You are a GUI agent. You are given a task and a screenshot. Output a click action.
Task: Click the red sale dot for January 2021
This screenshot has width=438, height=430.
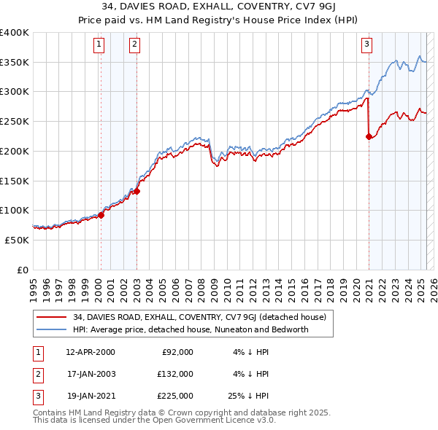click(x=369, y=136)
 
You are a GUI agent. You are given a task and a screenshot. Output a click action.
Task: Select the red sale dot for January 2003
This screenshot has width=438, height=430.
click(x=137, y=192)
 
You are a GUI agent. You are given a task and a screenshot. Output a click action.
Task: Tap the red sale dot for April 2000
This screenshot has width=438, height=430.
click(x=101, y=215)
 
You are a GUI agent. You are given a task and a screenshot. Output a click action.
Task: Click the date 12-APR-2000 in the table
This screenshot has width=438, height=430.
click(x=91, y=352)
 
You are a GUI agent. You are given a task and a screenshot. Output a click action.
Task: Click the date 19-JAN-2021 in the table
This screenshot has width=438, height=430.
click(x=91, y=396)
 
